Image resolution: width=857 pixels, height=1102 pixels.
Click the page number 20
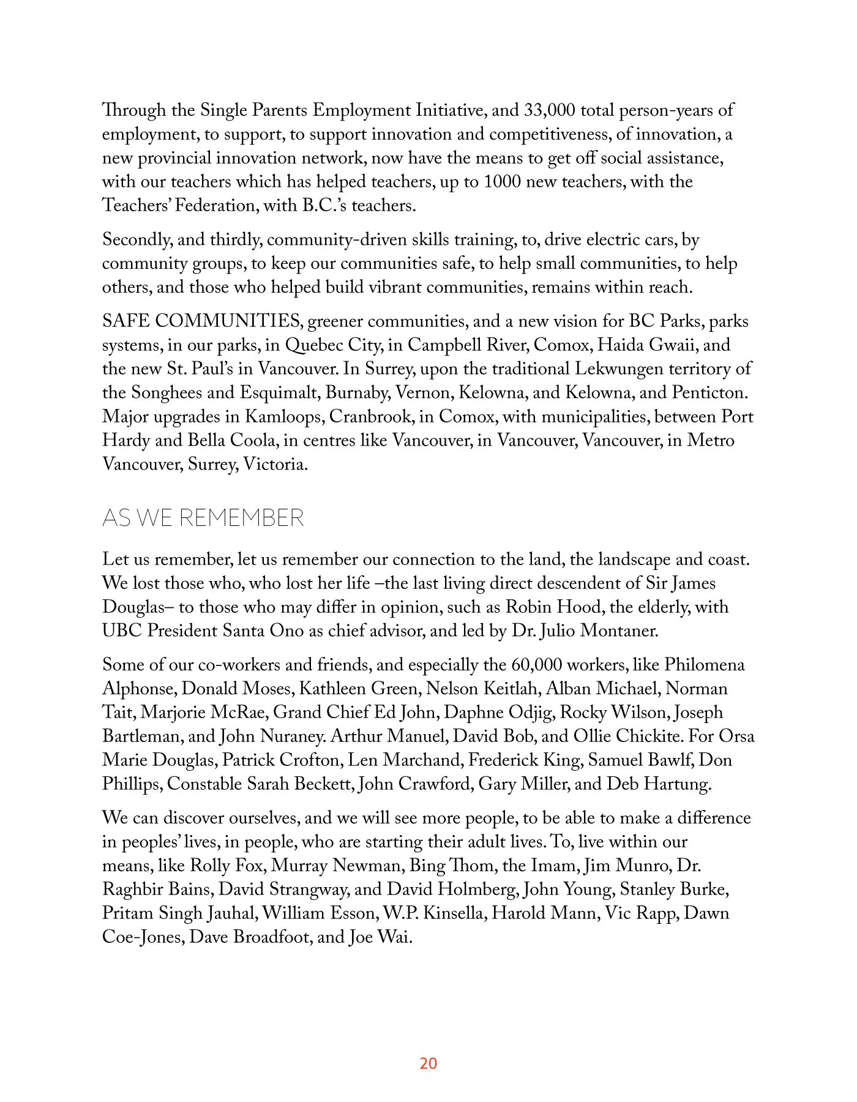coord(428,1063)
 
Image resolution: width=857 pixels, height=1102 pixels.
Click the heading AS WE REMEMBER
coord(203,518)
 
